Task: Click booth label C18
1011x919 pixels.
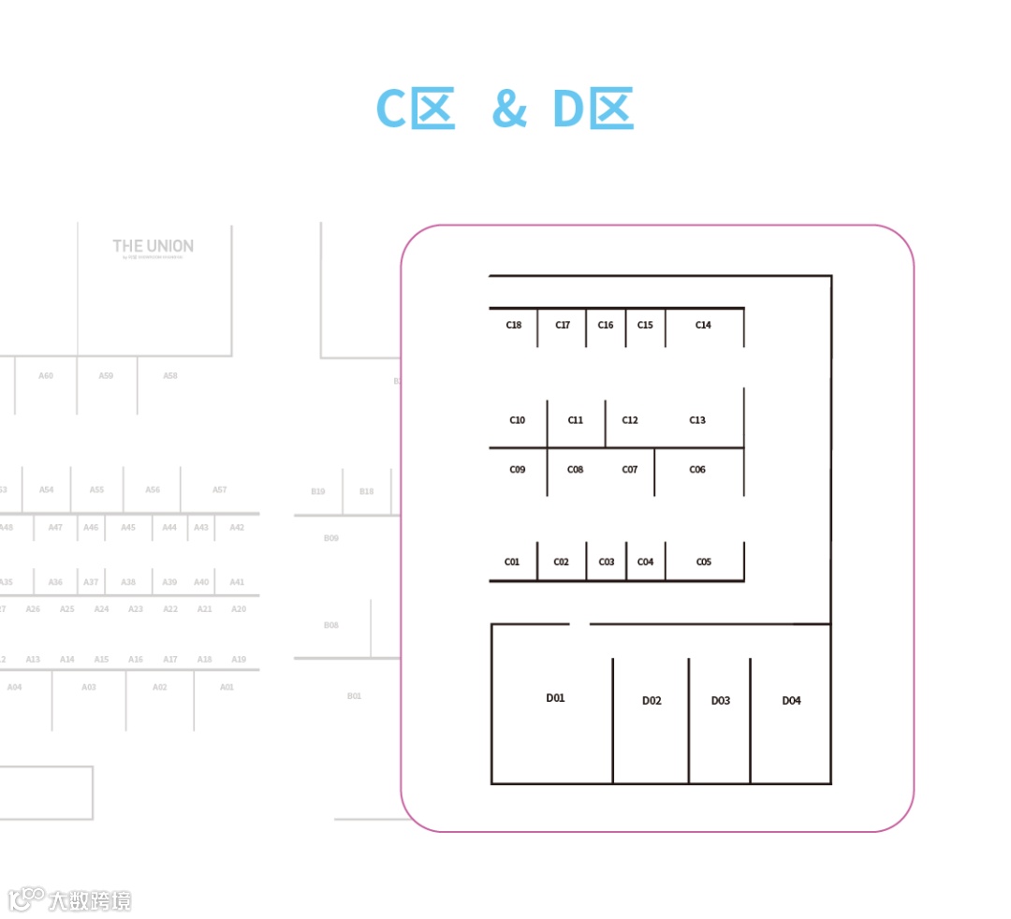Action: [x=514, y=326]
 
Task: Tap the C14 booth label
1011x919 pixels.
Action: [x=703, y=326]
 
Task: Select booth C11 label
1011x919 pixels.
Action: [x=576, y=420]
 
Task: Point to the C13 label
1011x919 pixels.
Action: [x=697, y=420]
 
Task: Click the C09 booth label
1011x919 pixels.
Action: [x=518, y=469]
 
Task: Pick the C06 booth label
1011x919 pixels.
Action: [x=697, y=469]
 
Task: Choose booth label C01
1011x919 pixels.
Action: [x=512, y=562]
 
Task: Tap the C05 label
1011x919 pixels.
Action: [x=704, y=562]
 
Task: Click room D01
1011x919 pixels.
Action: [x=555, y=698]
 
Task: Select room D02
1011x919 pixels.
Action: [x=652, y=701]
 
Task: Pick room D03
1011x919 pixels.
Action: [x=720, y=701]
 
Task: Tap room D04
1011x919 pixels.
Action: [x=791, y=701]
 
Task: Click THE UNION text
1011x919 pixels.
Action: [x=154, y=246]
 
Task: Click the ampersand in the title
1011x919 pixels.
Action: [x=509, y=109]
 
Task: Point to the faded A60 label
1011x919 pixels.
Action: [x=46, y=376]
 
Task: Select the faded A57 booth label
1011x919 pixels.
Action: [x=220, y=490]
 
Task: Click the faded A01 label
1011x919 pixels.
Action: [x=227, y=688]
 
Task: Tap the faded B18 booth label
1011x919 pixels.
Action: [x=366, y=491]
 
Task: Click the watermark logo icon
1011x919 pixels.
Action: [x=25, y=899]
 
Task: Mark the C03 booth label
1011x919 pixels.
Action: [x=607, y=562]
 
